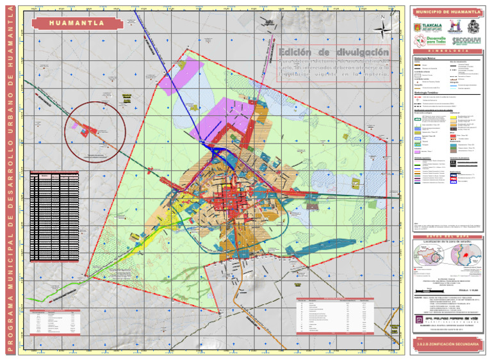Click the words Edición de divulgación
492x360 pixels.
pos(334,51)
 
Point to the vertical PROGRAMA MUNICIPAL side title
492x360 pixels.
pos(8,179)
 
